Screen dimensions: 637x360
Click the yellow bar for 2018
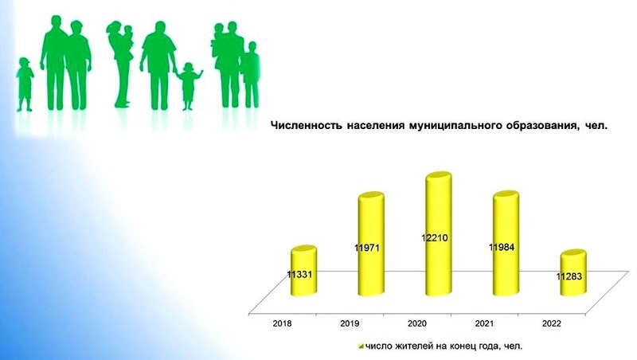pyautogui.click(x=304, y=271)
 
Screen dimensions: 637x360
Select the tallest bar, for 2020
pyautogui.click(x=439, y=234)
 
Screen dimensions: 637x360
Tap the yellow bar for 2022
pyautogui.click(x=573, y=273)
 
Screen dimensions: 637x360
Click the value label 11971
pyautogui.click(x=367, y=248)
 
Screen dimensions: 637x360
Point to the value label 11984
pyautogui.click(x=502, y=247)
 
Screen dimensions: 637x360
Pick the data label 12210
pyautogui.click(x=434, y=237)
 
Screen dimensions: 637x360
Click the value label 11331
pyautogui.click(x=299, y=275)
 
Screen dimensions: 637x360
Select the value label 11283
pyautogui.click(x=569, y=276)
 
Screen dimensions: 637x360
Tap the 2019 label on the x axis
pyautogui.click(x=350, y=324)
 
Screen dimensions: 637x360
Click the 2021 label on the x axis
pyautogui.click(x=484, y=324)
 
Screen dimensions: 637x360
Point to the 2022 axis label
pyautogui.click(x=551, y=324)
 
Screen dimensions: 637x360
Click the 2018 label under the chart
pyautogui.click(x=282, y=324)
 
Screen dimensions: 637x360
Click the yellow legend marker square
pyautogui.click(x=361, y=346)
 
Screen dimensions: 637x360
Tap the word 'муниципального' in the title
pyautogui.click(x=455, y=126)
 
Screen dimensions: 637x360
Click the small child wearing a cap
pyautogui.click(x=25, y=84)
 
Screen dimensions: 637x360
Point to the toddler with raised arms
pyautogui.click(x=188, y=86)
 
